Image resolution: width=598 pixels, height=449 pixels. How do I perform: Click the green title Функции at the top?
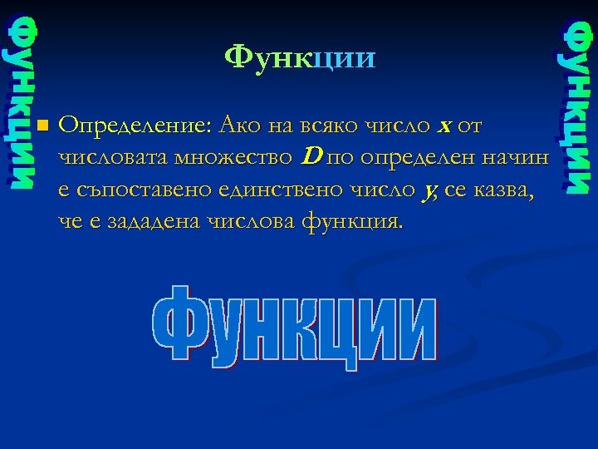click(x=300, y=58)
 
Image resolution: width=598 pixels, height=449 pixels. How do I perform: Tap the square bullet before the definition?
click(x=42, y=127)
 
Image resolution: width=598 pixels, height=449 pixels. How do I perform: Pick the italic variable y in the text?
click(x=428, y=190)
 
